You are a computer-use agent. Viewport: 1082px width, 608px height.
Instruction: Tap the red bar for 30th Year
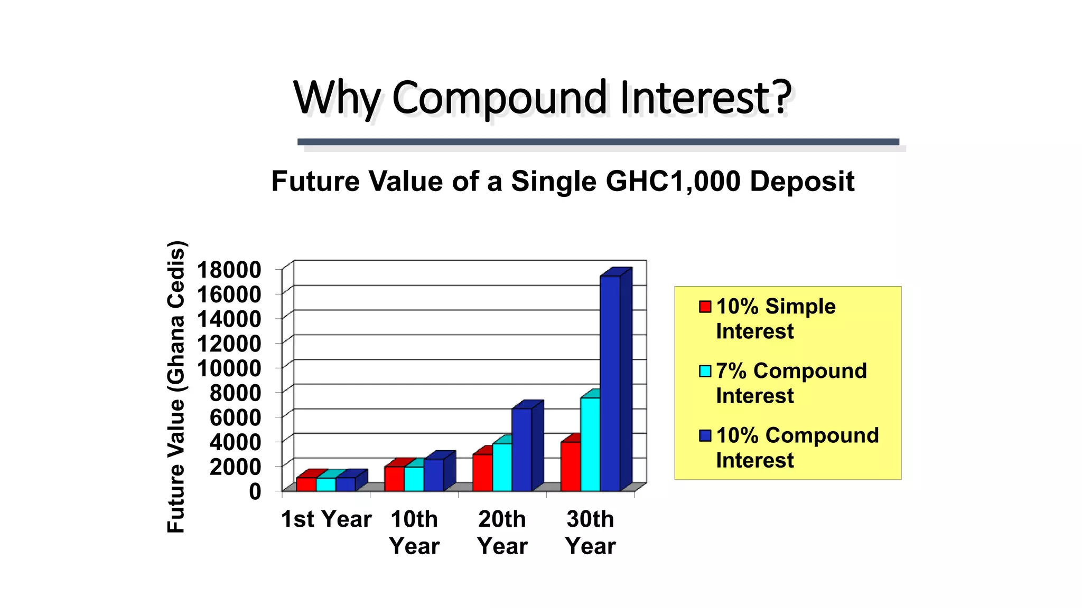tap(571, 467)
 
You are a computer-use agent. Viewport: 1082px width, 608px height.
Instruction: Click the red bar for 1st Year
tap(306, 484)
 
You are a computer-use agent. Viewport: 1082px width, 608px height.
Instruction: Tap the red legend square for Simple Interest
tap(705, 307)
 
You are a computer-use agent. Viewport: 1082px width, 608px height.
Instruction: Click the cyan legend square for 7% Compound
tap(705, 371)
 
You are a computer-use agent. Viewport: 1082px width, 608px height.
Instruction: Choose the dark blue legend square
tap(705, 435)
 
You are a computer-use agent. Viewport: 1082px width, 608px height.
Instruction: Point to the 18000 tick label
tap(229, 270)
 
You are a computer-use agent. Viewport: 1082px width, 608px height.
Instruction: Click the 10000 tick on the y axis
tap(229, 368)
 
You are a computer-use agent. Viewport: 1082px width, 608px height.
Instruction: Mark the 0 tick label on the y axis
tap(255, 491)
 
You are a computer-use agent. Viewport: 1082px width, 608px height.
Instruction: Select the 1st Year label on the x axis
tap(326, 519)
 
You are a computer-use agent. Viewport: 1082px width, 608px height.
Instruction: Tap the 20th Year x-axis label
tap(502, 532)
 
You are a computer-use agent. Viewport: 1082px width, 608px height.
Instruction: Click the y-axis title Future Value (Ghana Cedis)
tap(176, 386)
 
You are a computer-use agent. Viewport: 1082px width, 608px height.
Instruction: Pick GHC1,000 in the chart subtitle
tap(673, 182)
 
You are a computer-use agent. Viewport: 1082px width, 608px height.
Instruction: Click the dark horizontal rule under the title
tap(598, 142)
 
